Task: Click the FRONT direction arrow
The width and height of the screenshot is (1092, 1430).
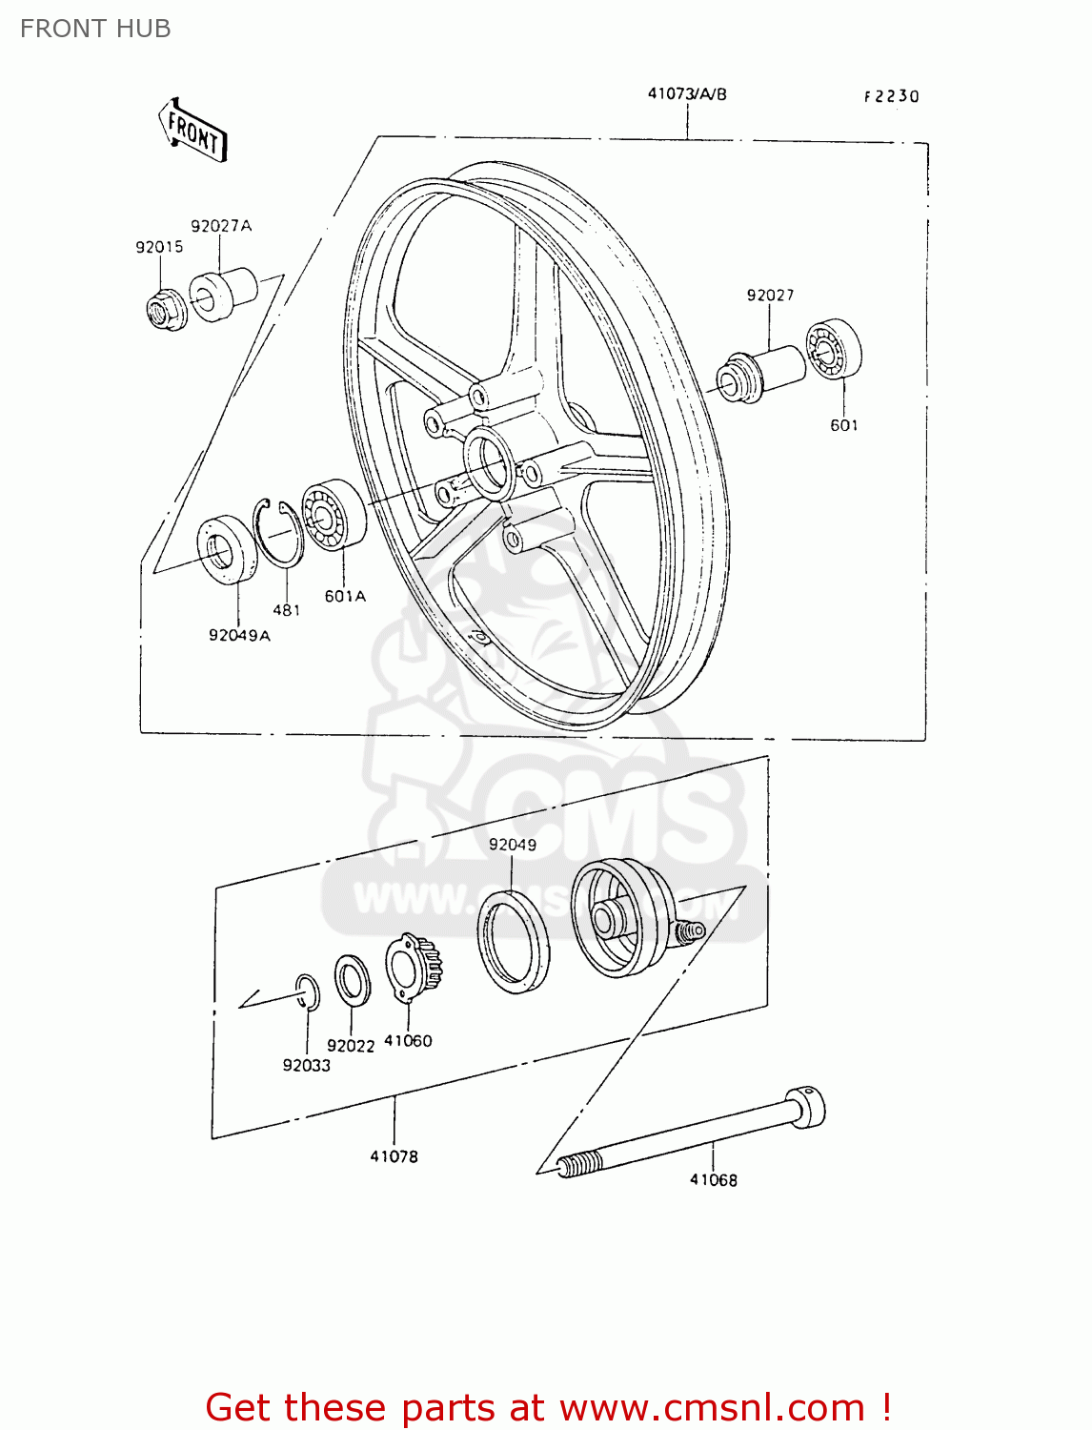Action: click(x=192, y=131)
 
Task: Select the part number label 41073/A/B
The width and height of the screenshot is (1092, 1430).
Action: click(x=686, y=93)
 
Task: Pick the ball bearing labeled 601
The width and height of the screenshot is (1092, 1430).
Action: click(x=833, y=351)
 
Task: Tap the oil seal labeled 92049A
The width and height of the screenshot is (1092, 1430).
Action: click(x=227, y=549)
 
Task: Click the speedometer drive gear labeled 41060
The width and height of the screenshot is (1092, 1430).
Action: click(x=413, y=966)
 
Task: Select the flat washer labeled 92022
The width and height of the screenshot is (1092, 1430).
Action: click(x=353, y=980)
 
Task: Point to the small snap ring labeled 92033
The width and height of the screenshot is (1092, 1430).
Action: click(x=307, y=991)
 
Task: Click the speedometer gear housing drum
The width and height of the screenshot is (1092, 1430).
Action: click(x=619, y=917)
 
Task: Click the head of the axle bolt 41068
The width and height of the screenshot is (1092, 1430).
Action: click(x=804, y=1107)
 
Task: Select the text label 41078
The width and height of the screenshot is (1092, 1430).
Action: click(x=394, y=1156)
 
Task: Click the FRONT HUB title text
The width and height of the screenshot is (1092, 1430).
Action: click(x=95, y=29)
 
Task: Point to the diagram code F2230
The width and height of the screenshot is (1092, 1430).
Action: click(x=891, y=96)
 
